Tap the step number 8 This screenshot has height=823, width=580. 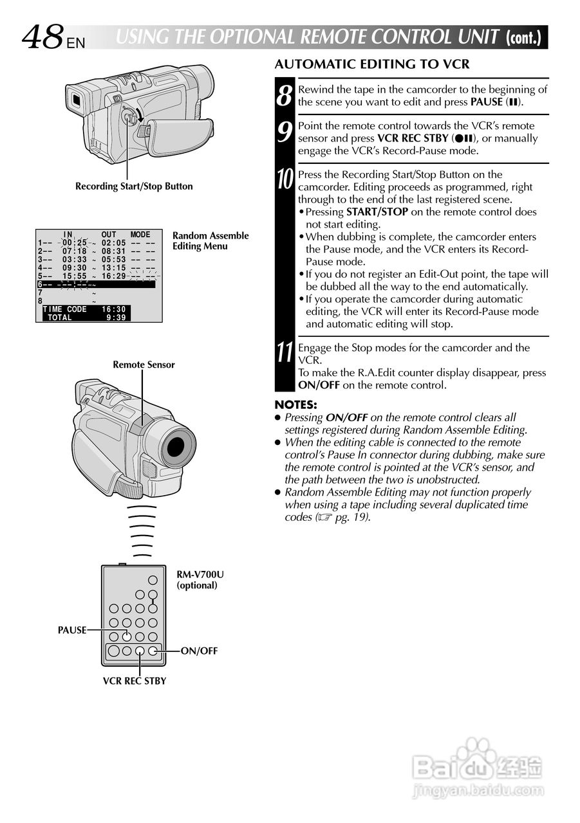pyautogui.click(x=285, y=95)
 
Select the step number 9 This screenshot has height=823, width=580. pyautogui.click(x=285, y=132)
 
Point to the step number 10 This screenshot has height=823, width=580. pyautogui.click(x=285, y=180)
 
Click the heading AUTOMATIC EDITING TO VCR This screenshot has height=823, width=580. pyautogui.click(x=371, y=64)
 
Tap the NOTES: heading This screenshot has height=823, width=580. pyautogui.click(x=295, y=405)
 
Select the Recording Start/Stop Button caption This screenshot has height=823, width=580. pyautogui.click(x=134, y=186)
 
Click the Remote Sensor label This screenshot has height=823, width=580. pyautogui.click(x=144, y=365)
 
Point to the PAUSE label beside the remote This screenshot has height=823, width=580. pyautogui.click(x=72, y=630)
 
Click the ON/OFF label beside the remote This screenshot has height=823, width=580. pyautogui.click(x=199, y=651)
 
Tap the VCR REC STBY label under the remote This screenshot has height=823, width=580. pyautogui.click(x=135, y=681)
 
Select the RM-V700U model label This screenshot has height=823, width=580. pyautogui.click(x=200, y=574)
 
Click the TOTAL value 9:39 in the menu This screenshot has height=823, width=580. pyautogui.click(x=116, y=318)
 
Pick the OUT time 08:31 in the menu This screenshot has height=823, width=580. pyautogui.click(x=113, y=251)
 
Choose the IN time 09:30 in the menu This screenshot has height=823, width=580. pyautogui.click(x=74, y=268)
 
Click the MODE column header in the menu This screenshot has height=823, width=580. pyautogui.click(x=140, y=235)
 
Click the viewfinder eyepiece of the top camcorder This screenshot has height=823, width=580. pyautogui.click(x=75, y=100)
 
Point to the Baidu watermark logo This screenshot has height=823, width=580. pyautogui.click(x=477, y=765)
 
